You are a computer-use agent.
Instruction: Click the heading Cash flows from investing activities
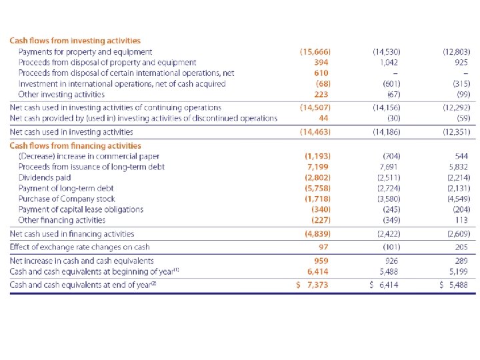[75, 41]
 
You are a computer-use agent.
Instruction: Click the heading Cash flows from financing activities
[75, 145]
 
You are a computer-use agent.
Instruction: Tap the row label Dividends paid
[45, 177]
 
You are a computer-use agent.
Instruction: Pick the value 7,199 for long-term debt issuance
[319, 167]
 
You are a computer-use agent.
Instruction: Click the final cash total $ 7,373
[313, 285]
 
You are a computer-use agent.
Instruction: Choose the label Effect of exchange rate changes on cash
[80, 247]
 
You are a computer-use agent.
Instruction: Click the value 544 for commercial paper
[461, 156]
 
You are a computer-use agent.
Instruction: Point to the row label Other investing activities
[61, 94]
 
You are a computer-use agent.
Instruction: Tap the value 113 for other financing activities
[463, 220]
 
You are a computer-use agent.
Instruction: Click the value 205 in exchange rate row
[462, 247]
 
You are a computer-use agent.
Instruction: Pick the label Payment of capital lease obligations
[81, 209]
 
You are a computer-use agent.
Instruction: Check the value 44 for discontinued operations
[324, 118]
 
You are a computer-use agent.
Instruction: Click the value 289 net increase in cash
[462, 261]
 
